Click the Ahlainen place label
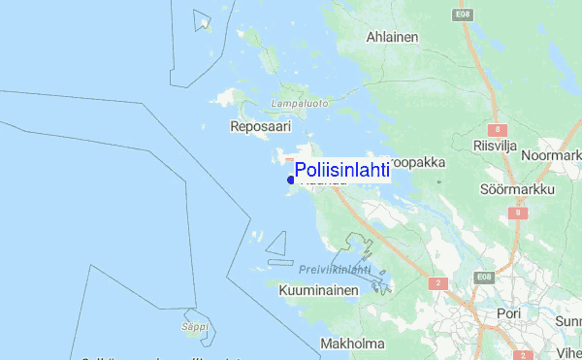(x=392, y=37)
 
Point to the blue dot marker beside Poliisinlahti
(x=291, y=180)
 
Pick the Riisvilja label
(x=496, y=146)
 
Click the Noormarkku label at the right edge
(x=551, y=155)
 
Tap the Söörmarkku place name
(x=517, y=188)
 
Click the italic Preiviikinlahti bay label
(x=336, y=270)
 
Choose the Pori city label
(x=508, y=314)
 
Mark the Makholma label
(x=351, y=344)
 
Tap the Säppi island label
(x=195, y=327)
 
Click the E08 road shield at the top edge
(x=462, y=15)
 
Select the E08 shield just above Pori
(x=484, y=278)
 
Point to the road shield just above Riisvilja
(x=500, y=128)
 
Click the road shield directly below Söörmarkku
(x=519, y=213)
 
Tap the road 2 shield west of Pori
(x=438, y=283)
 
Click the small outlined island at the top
(x=203, y=20)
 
